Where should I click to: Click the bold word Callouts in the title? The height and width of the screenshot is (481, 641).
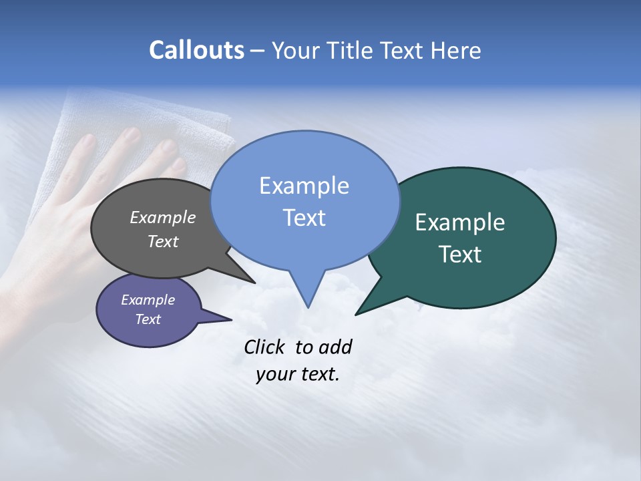196,50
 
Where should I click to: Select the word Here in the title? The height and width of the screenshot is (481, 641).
456,50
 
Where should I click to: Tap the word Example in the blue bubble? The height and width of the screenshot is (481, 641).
304,186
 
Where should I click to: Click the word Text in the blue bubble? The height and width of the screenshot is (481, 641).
304,217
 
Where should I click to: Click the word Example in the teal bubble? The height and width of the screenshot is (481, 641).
460,222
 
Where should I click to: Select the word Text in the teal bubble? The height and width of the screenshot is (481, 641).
460,254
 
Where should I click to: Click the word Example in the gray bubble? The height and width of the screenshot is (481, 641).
162,217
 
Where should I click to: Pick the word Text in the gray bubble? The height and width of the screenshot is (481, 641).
162,241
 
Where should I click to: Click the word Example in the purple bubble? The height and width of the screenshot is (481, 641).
148,300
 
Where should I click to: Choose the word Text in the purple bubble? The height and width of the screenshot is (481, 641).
148,319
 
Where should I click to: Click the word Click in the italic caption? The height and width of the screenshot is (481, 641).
266,347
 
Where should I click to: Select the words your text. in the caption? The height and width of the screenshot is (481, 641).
298,374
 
